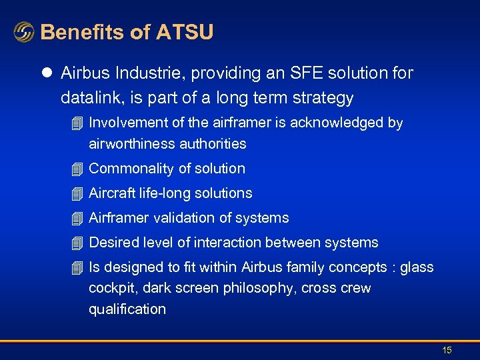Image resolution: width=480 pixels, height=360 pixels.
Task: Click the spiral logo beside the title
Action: (x=24, y=32)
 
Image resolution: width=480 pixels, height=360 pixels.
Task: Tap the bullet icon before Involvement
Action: (x=78, y=123)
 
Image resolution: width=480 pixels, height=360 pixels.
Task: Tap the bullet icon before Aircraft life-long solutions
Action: (x=78, y=194)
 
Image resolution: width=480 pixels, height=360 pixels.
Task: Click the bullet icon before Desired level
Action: (x=78, y=243)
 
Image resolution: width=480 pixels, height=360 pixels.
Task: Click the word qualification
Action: (x=127, y=309)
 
